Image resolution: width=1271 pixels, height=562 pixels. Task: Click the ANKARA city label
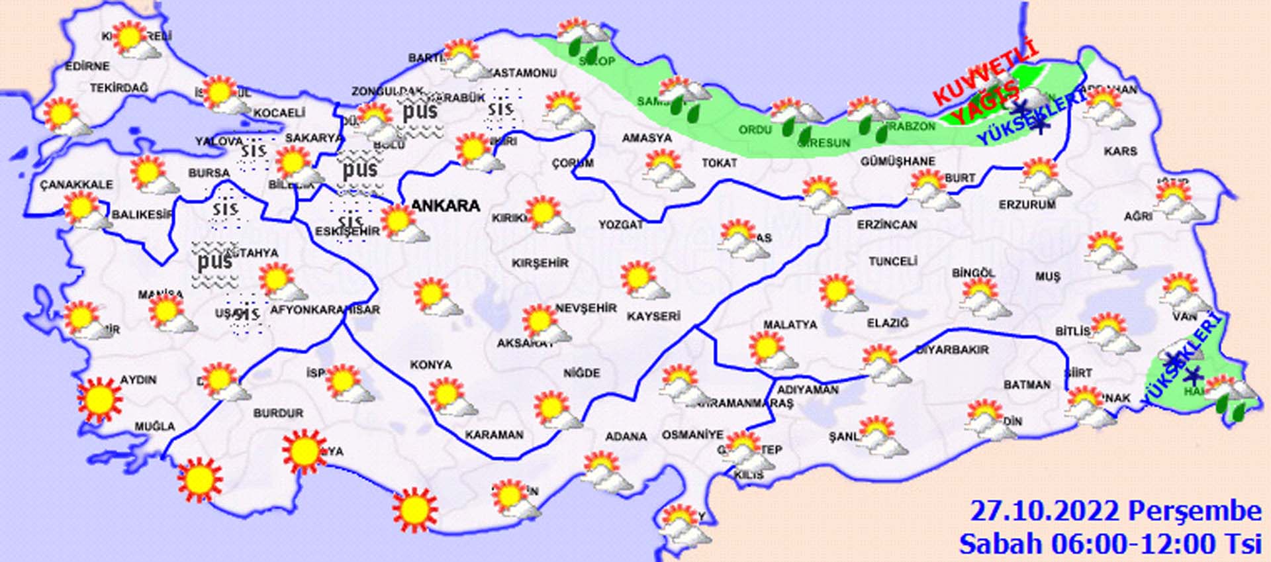[x=446, y=206]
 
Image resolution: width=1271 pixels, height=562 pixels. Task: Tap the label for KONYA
[x=431, y=365]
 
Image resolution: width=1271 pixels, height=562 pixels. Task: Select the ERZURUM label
[x=1027, y=205]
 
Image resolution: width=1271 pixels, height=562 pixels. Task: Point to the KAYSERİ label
[x=653, y=316]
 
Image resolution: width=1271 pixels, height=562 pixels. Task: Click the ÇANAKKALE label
[x=76, y=184]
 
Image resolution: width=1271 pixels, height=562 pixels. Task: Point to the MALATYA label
[x=790, y=325]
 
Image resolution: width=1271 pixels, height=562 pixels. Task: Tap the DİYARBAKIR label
[x=952, y=350]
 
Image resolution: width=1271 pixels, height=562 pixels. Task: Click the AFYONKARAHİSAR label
[x=325, y=310]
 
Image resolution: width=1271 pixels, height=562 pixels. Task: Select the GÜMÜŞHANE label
[x=898, y=162]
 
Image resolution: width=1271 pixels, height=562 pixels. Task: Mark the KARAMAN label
[x=494, y=435]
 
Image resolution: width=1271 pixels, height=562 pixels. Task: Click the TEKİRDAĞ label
[x=119, y=88]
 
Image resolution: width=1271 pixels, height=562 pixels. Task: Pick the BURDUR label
[x=278, y=413]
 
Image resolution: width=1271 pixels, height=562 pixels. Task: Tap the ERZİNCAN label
[x=887, y=225]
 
